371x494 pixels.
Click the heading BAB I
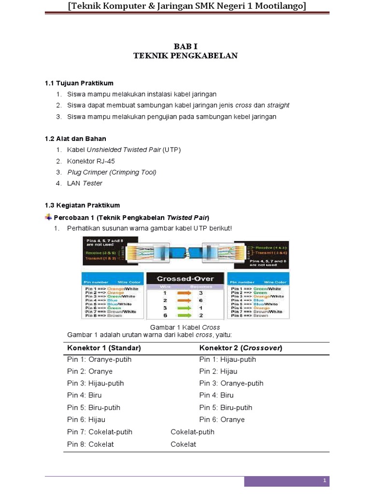185,46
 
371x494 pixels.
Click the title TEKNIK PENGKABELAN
185,55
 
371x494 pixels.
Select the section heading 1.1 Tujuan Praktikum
79,83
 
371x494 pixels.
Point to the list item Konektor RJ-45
91,161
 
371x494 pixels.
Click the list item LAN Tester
85,183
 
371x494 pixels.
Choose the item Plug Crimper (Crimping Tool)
112,172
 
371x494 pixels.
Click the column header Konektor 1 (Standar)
104,348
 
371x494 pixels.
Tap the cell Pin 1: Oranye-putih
99,359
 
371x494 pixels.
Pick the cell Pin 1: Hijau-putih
228,359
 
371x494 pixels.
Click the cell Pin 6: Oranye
222,420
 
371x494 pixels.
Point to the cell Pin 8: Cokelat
90,444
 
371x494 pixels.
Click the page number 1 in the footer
325,481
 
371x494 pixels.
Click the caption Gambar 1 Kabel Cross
185,327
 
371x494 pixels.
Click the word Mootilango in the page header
281,6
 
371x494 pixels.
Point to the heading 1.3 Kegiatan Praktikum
82,205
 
